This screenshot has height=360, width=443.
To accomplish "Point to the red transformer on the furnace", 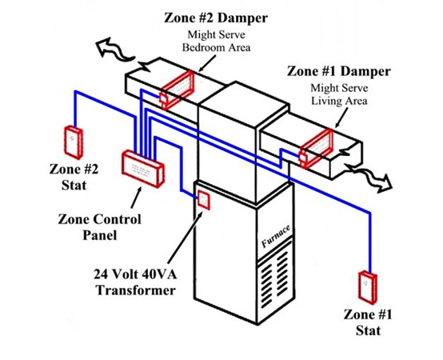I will (x=204, y=199).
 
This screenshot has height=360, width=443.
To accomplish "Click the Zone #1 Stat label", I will (x=370, y=321).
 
